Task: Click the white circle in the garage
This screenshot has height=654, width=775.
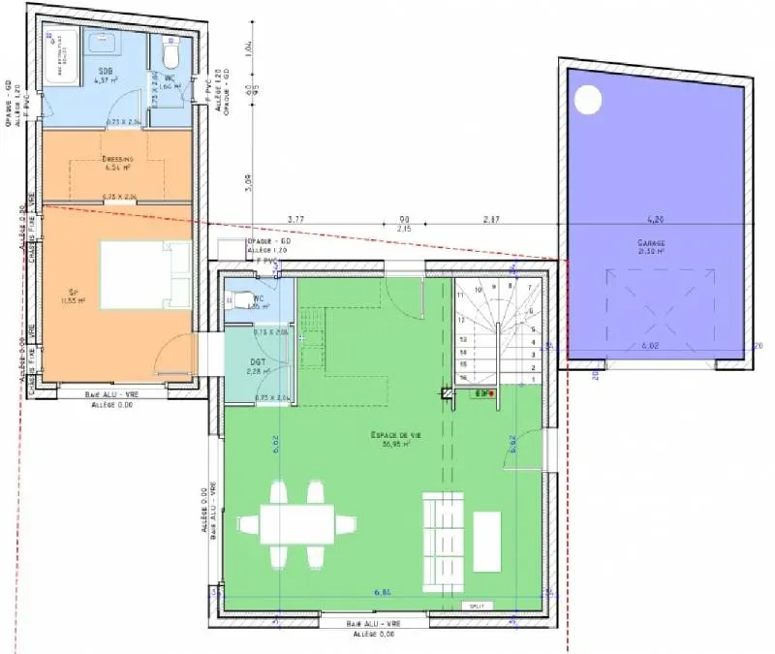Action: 587,100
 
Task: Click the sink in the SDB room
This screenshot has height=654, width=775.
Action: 102,43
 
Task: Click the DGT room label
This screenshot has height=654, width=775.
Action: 258,364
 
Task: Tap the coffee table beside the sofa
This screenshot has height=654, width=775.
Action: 485,541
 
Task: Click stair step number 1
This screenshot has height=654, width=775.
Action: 533,379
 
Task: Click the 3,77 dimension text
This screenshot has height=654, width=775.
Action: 296,220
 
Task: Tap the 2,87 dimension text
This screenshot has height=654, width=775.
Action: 491,220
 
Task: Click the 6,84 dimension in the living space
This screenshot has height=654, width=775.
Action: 385,591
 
